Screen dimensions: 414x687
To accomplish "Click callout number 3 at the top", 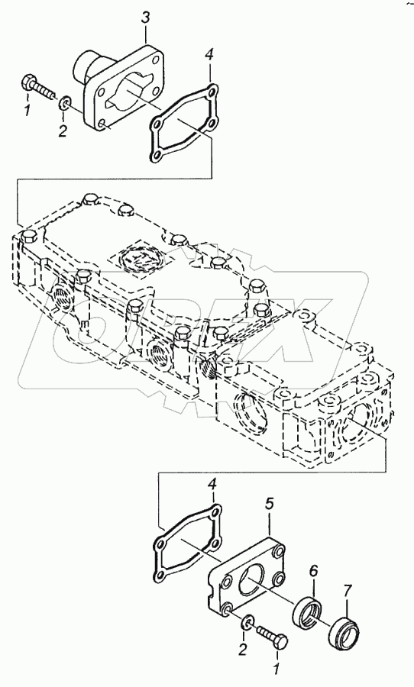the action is (146, 18).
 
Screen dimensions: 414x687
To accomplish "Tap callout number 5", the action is (269, 505).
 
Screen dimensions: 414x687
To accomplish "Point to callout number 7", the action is (347, 592).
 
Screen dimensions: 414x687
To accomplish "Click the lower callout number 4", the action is (212, 485).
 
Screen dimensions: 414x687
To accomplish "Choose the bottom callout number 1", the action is (277, 668).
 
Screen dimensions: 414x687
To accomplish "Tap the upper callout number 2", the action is (63, 131).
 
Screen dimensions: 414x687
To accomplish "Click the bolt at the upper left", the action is (38, 87).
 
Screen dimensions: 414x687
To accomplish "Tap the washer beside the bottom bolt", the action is (247, 623).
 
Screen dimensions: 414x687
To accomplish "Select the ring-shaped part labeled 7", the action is (344, 629).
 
